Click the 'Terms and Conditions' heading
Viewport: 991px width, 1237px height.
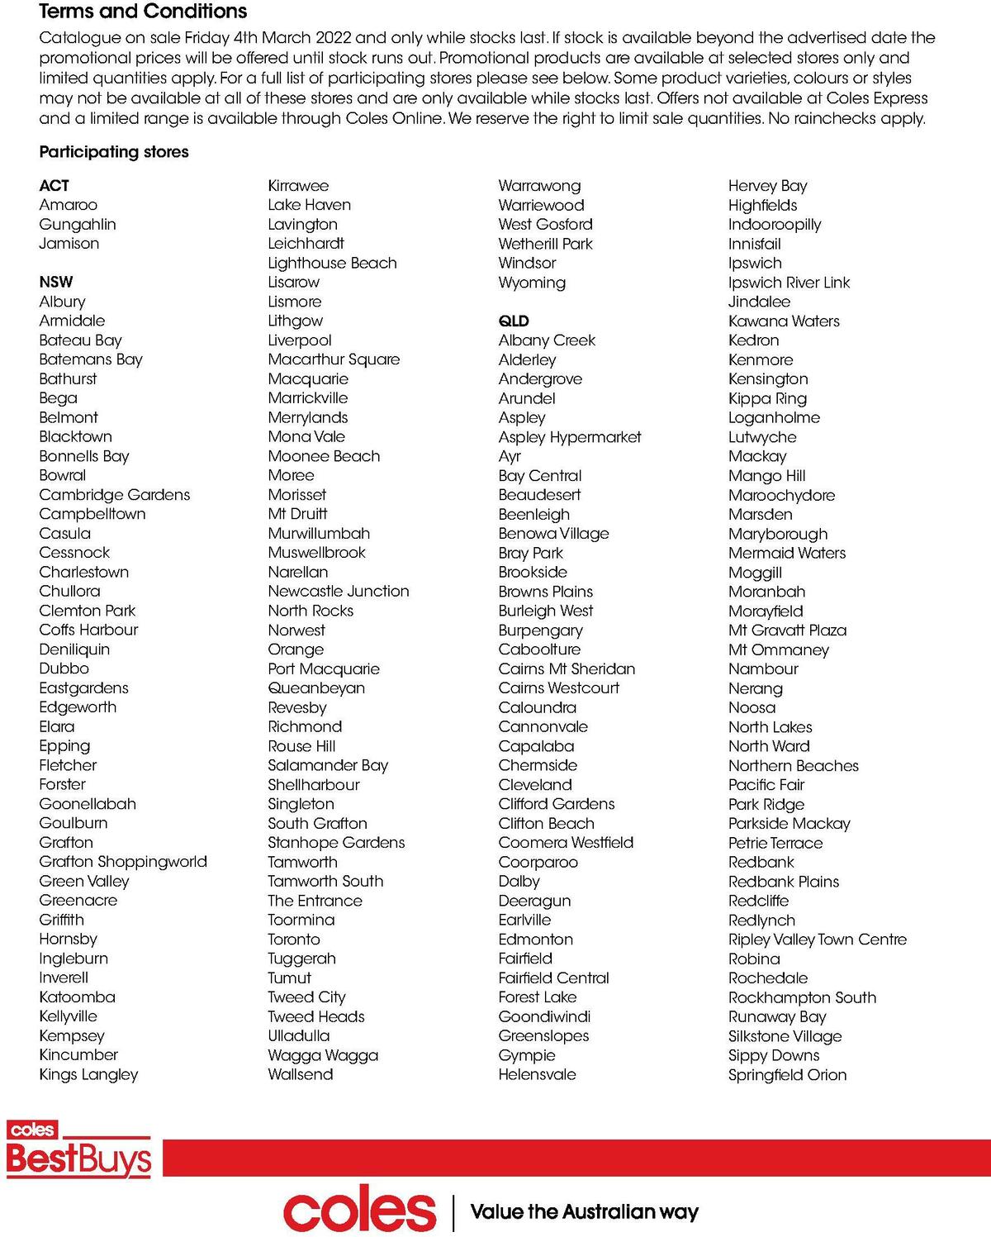point(143,12)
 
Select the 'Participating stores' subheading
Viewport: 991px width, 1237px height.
point(114,152)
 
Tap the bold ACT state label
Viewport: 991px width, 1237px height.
point(54,186)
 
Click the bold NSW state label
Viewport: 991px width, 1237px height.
point(55,282)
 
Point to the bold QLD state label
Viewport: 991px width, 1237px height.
point(514,321)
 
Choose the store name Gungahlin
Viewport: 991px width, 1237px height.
point(78,224)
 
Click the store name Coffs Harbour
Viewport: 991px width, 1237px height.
point(88,630)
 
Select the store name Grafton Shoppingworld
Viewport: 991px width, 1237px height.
point(123,861)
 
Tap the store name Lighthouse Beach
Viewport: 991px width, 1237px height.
point(332,263)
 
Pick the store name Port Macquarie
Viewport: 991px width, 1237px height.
point(324,668)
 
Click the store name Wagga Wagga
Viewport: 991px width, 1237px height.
point(323,1055)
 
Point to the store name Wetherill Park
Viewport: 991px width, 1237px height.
point(545,244)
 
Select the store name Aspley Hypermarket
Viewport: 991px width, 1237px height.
point(570,437)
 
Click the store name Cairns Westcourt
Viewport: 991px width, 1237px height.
point(558,687)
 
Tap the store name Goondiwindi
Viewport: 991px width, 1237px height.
point(544,1016)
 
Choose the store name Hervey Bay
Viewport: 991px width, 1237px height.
point(767,186)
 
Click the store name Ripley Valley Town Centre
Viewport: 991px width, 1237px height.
point(817,940)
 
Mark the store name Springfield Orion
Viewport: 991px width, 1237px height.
point(787,1075)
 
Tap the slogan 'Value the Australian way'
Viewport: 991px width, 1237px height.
point(584,1212)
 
